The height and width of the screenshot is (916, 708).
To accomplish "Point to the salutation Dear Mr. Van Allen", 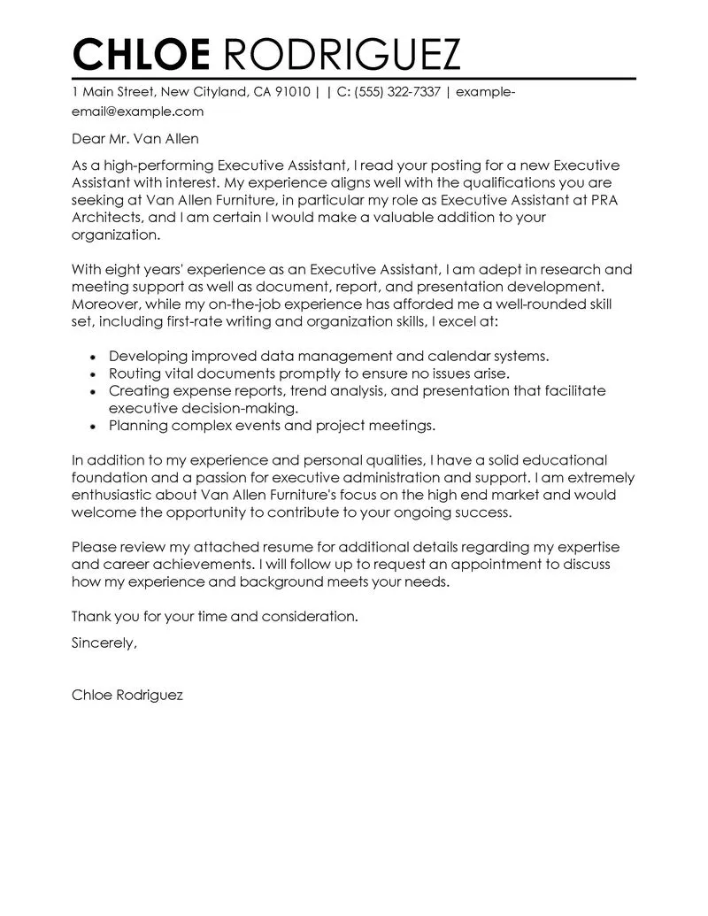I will tap(135, 139).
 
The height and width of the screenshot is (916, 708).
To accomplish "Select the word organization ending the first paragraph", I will tap(116, 235).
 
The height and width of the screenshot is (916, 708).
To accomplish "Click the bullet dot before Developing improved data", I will tap(94, 357).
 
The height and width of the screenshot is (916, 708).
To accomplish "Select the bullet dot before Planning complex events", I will tap(94, 426).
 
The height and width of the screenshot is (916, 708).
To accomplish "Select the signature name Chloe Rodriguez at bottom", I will tap(127, 696).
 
